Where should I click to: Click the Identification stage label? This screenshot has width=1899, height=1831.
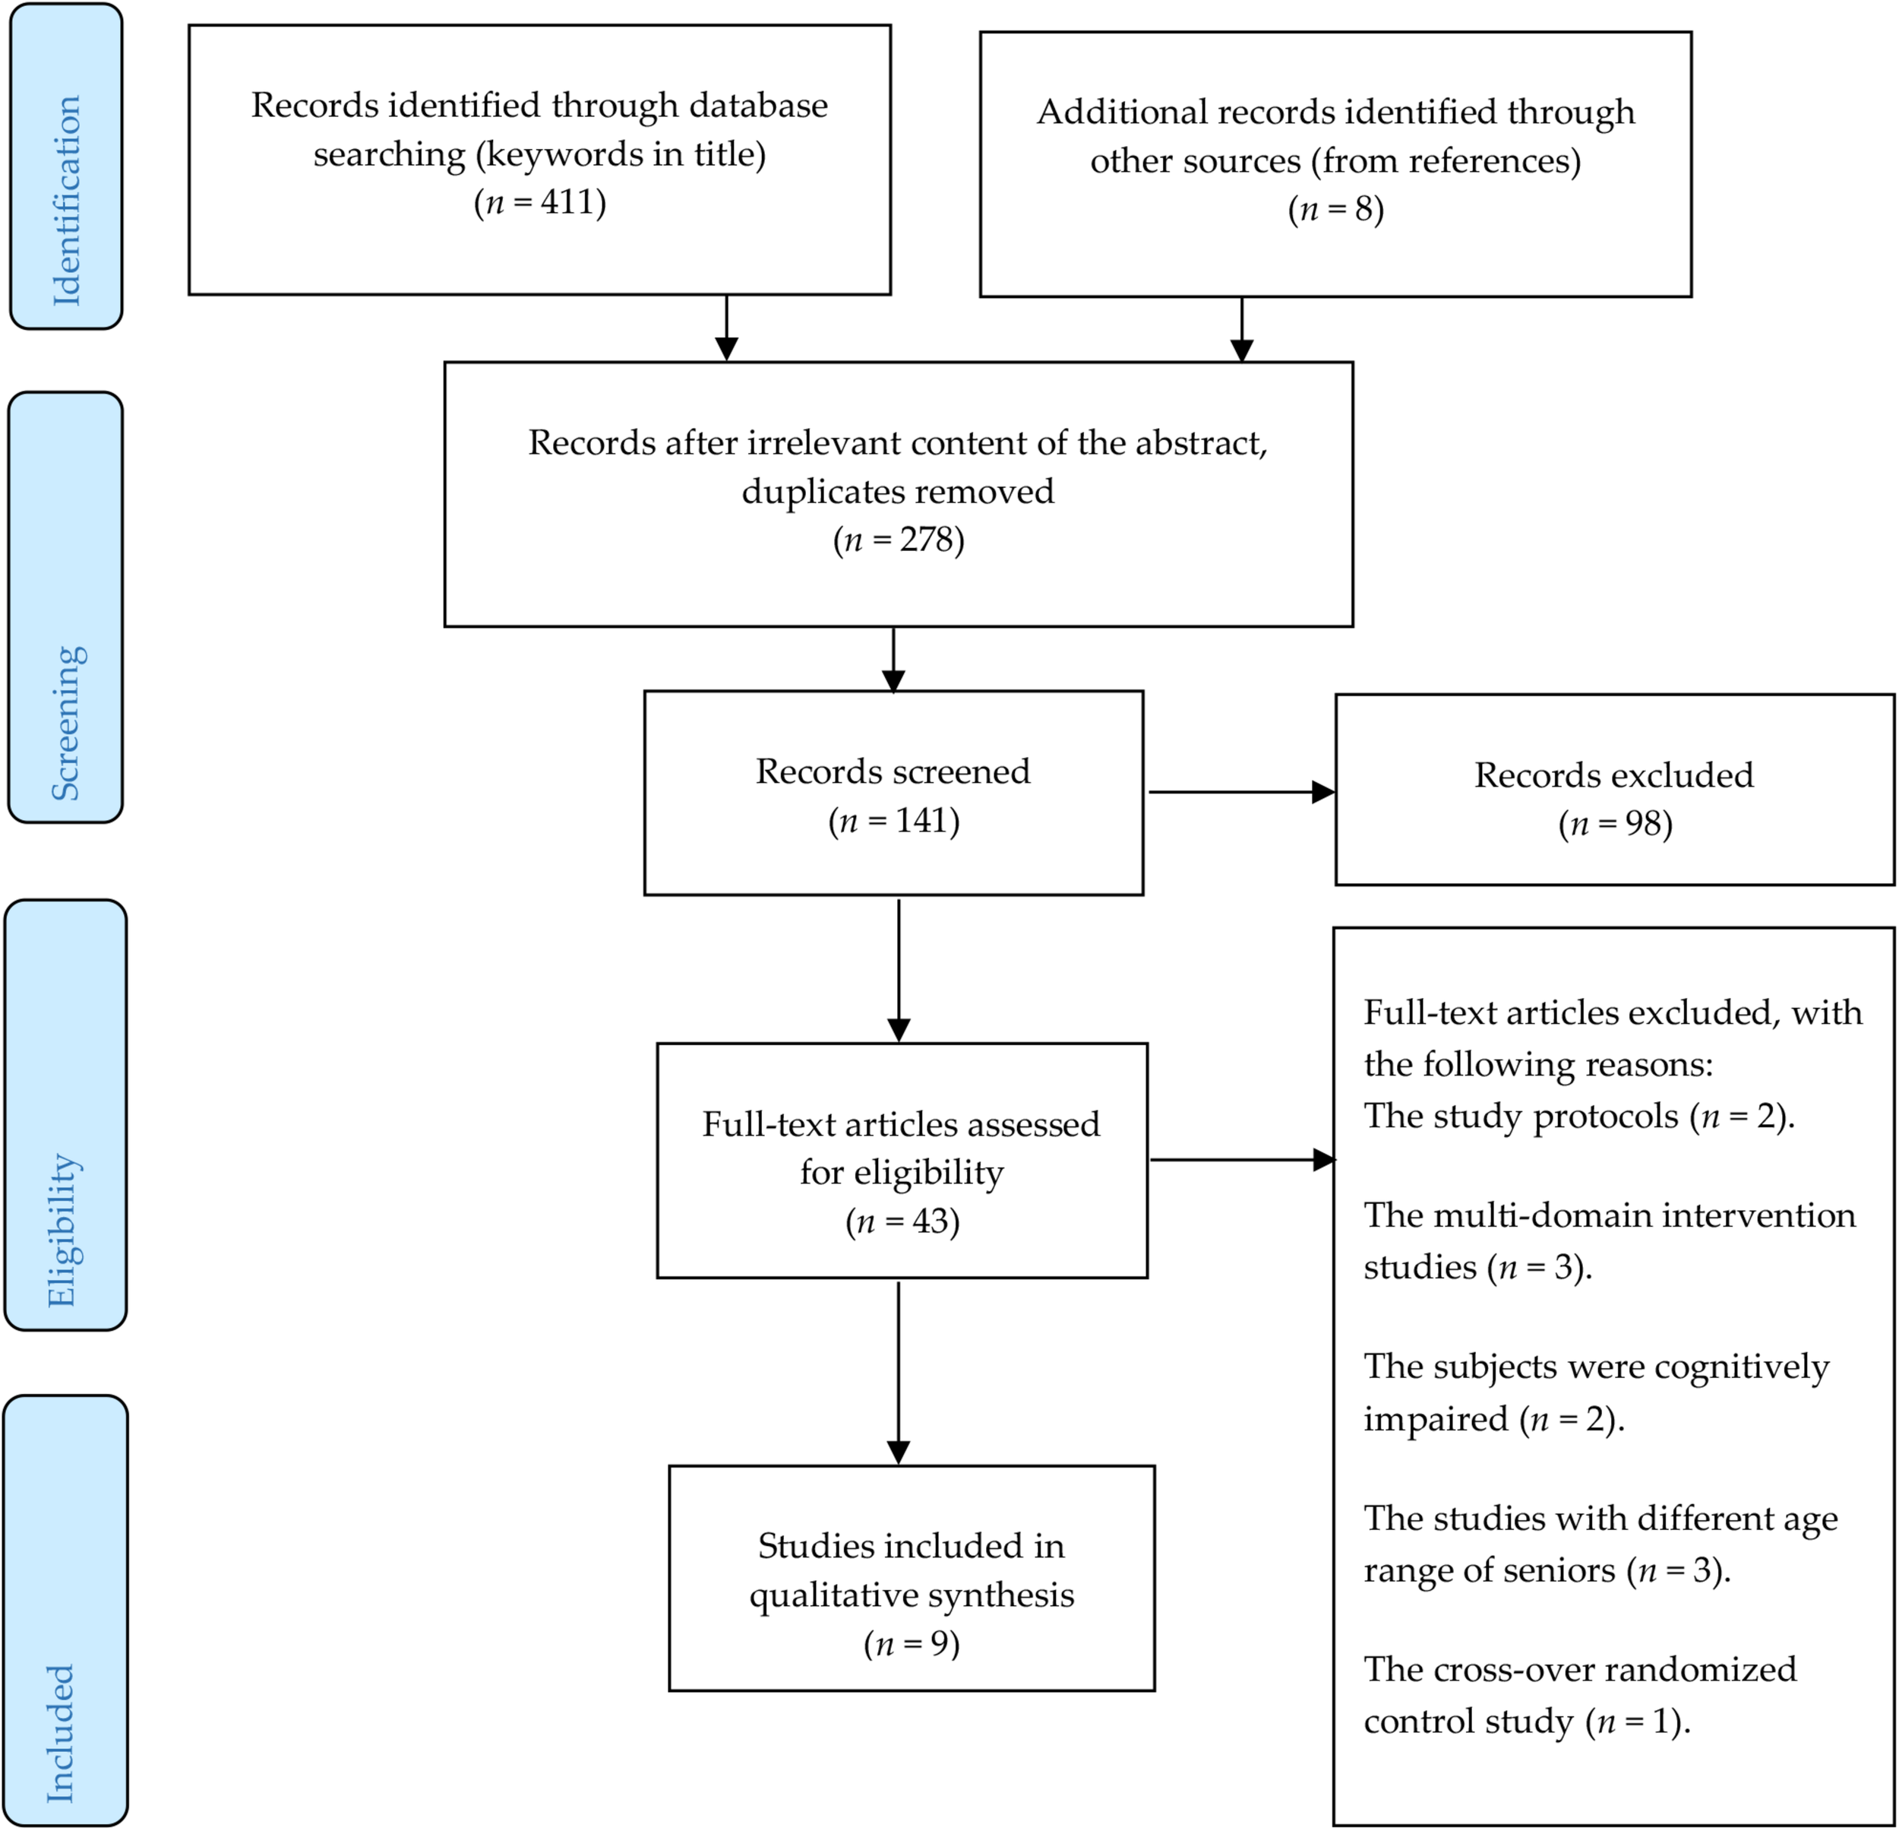coord(66,201)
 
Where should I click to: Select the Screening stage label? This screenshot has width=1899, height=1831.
coord(66,722)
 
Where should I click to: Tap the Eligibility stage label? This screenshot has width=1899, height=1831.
coord(63,1229)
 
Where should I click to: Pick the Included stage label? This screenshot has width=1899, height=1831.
coord(61,1733)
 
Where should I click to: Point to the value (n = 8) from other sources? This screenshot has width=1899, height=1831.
coord(1335,209)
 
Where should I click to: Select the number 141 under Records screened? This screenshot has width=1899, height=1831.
coord(922,820)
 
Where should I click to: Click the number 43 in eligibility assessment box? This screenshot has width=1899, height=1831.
coord(929,1221)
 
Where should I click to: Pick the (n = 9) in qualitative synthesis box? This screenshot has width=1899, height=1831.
coord(911,1644)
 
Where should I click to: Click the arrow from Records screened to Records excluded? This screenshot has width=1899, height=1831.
coord(1240,792)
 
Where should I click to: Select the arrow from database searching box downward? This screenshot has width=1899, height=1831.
coord(725,330)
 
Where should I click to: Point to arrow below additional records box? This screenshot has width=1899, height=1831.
coord(1241,330)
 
